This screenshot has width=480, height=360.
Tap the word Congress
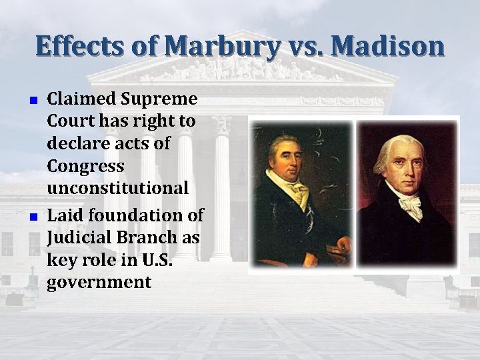click(85, 166)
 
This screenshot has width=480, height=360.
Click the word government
click(99, 282)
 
